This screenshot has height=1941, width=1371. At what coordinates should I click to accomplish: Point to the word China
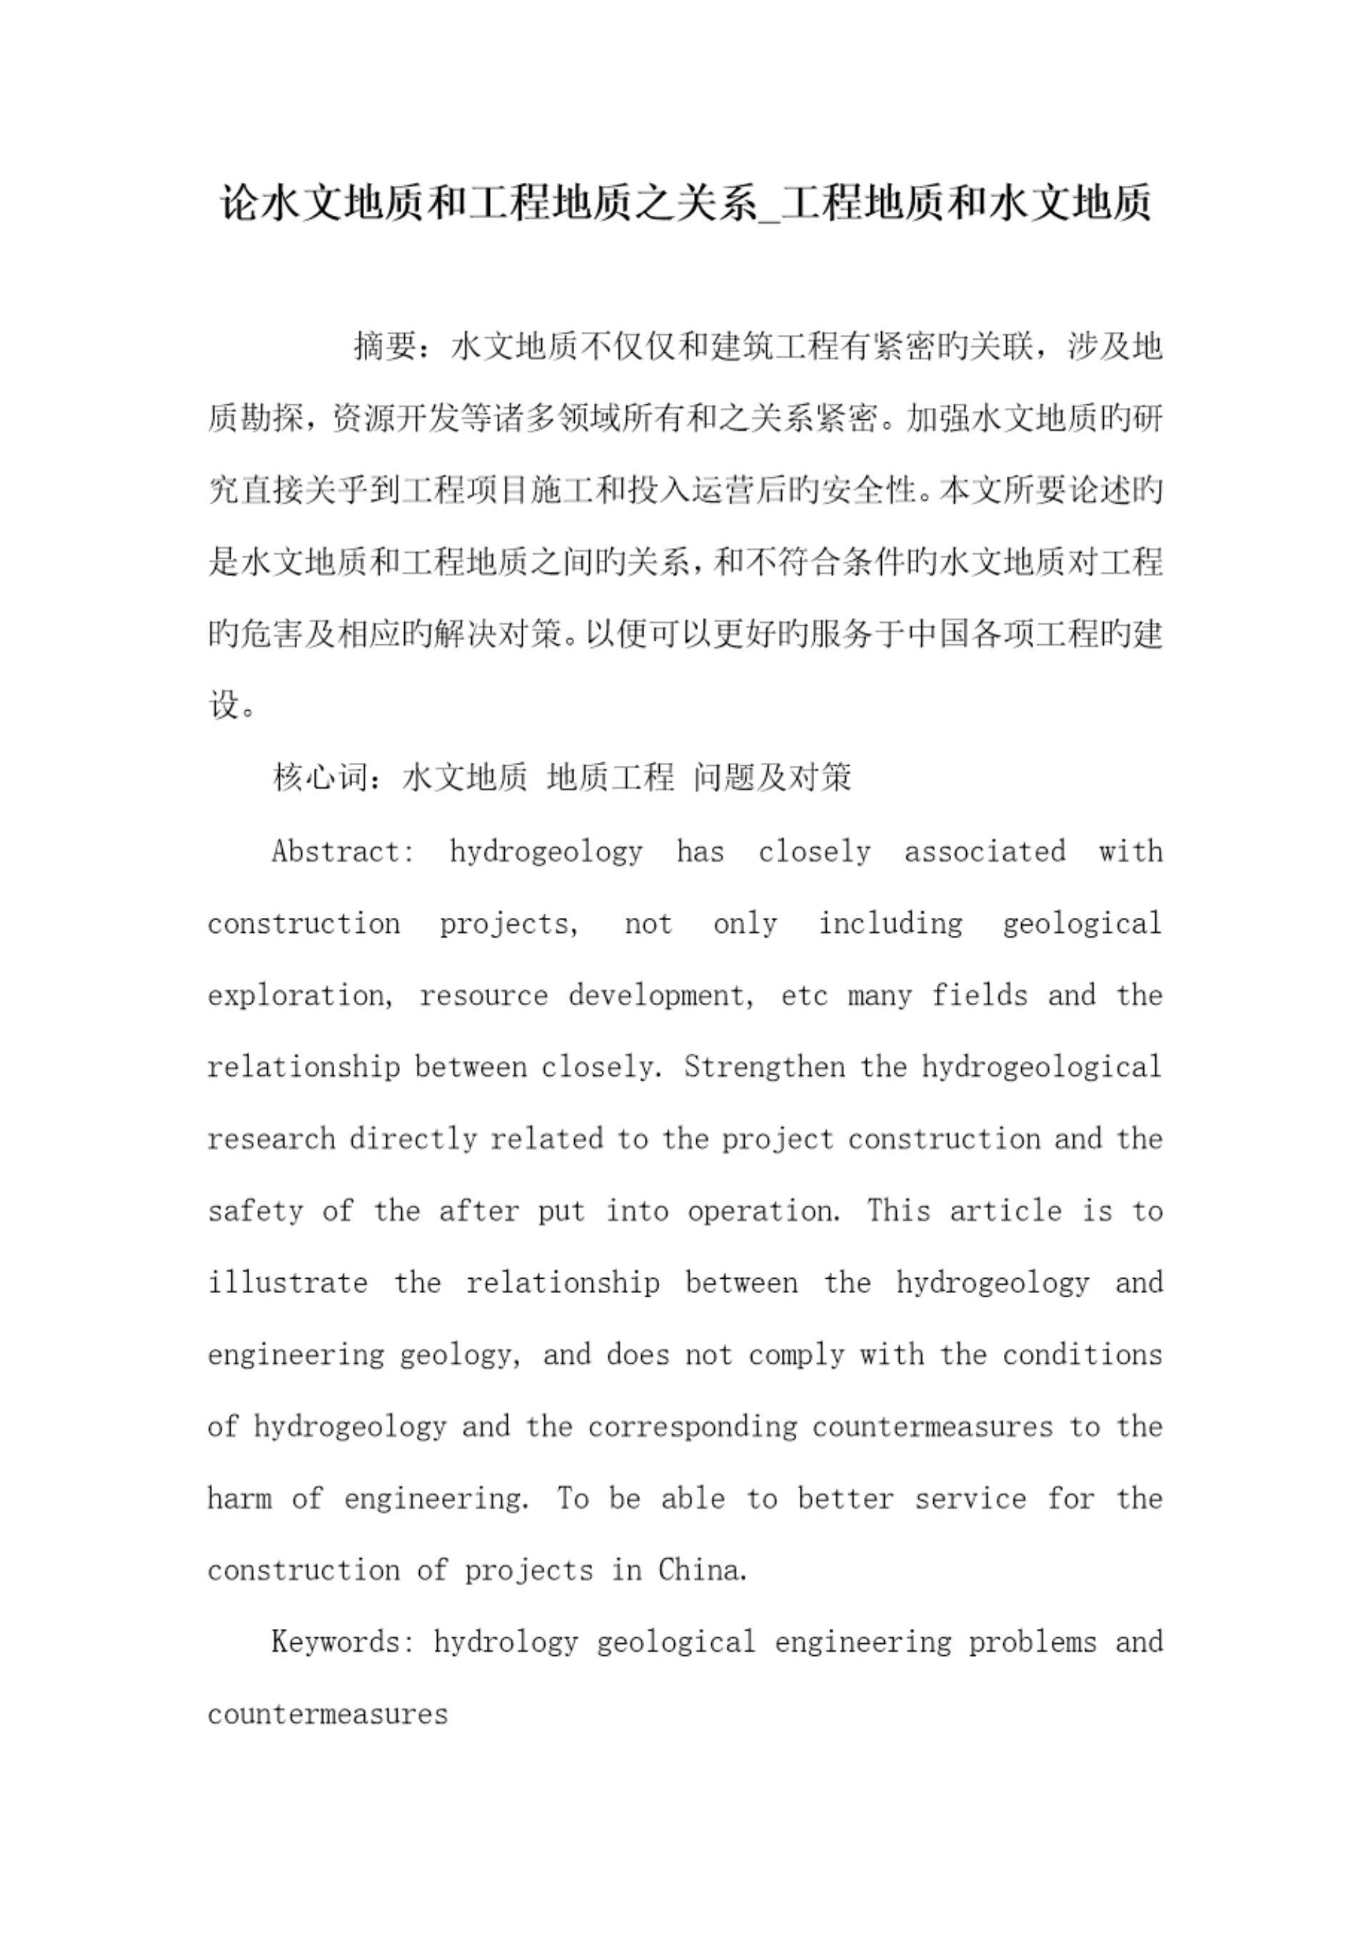click(x=703, y=1570)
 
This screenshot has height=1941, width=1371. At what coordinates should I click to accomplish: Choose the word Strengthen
click(x=765, y=1067)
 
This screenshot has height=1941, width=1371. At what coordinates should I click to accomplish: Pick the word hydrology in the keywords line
click(x=506, y=1642)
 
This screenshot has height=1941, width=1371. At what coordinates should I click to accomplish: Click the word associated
click(x=985, y=852)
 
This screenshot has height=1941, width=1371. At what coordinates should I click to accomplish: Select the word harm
click(x=240, y=1498)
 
